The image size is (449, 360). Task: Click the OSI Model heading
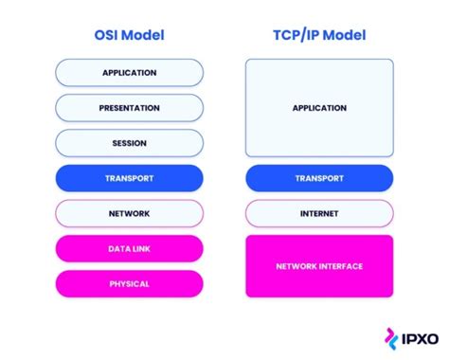click(130, 36)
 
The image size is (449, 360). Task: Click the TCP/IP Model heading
click(319, 36)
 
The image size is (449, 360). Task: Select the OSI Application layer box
click(130, 73)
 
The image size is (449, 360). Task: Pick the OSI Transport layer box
click(130, 178)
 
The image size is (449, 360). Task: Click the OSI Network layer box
click(130, 213)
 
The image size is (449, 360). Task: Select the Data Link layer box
click(130, 248)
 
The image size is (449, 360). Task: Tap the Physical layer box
click(130, 283)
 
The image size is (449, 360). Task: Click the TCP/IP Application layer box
click(319, 108)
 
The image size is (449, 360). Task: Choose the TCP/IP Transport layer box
click(319, 178)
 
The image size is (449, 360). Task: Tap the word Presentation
click(130, 108)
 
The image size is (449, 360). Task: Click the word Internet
click(319, 213)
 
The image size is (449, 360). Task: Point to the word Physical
click(130, 283)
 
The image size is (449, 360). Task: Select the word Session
click(130, 143)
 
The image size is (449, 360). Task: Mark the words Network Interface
click(319, 266)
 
